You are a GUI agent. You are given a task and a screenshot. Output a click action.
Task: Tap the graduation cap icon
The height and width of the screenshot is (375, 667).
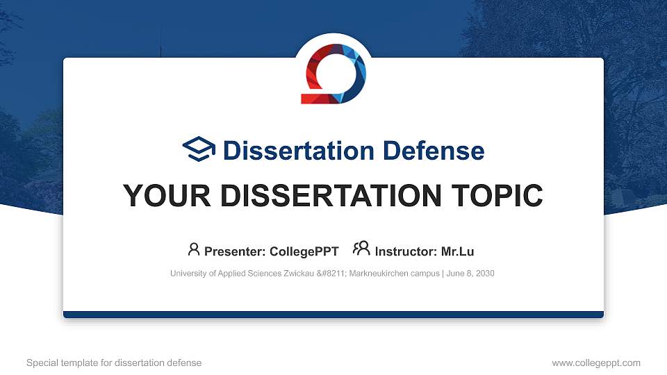pyautogui.click(x=199, y=149)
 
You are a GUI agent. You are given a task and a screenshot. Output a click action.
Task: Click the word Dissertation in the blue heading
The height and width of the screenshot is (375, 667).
pyautogui.click(x=299, y=151)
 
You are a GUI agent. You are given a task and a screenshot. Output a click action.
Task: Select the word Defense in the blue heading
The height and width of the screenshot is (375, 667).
pyautogui.click(x=434, y=151)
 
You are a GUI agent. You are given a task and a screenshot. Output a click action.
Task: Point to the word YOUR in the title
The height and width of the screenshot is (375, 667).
pyautogui.click(x=167, y=196)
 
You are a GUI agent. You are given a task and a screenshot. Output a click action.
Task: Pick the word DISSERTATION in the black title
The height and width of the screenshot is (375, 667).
pyautogui.click(x=331, y=196)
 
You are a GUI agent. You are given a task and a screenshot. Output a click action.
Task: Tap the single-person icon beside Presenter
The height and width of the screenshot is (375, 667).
pyautogui.click(x=194, y=249)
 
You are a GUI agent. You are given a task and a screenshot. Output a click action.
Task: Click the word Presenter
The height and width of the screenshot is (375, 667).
pyautogui.click(x=235, y=251)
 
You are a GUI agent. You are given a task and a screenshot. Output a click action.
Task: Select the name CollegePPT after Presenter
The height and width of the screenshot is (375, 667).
pyautogui.click(x=304, y=251)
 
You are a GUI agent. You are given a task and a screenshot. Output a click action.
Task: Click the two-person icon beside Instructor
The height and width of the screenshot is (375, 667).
pyautogui.click(x=361, y=249)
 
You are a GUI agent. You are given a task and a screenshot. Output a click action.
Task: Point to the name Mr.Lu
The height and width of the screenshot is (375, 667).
pyautogui.click(x=457, y=251)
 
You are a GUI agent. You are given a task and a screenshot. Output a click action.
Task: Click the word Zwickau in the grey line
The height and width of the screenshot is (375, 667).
pyautogui.click(x=299, y=274)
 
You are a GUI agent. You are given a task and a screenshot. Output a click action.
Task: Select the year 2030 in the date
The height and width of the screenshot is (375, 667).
pyautogui.click(x=485, y=274)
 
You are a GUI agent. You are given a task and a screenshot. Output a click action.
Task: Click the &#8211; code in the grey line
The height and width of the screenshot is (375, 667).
pyautogui.click(x=332, y=274)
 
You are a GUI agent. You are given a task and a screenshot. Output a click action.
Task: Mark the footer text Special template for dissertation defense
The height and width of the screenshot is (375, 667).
pyautogui.click(x=114, y=362)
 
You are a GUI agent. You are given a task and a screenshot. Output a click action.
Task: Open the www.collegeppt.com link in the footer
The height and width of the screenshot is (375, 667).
pyautogui.click(x=596, y=362)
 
